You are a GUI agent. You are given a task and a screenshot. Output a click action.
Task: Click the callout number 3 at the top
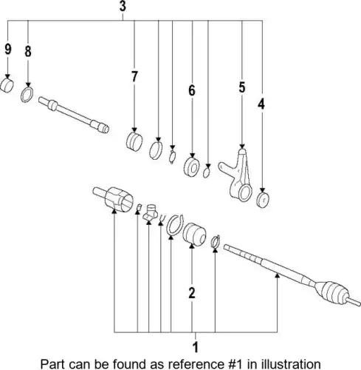[x=123, y=6]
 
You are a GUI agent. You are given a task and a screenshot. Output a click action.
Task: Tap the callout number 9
[x=8, y=49]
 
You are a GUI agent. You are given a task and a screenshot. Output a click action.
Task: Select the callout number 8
[x=28, y=52]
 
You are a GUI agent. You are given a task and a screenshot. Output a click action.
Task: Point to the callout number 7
[x=134, y=76]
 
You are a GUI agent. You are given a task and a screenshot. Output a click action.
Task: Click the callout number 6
[x=192, y=90]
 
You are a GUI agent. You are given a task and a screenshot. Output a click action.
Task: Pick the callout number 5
[x=242, y=87]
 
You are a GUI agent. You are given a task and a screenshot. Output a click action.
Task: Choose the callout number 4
[x=261, y=104]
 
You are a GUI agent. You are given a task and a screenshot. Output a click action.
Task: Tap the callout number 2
[x=192, y=293]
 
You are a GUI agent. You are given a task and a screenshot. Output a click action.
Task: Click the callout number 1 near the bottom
[x=196, y=347]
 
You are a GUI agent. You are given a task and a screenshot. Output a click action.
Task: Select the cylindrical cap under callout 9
[x=7, y=86]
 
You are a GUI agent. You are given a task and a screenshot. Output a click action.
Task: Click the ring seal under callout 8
[x=27, y=95]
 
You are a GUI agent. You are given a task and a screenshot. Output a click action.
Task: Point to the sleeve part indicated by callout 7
[x=134, y=141]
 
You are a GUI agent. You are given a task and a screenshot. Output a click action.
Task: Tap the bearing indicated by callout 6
[x=192, y=167]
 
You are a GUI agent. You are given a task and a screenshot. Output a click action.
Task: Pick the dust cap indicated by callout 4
[x=263, y=200]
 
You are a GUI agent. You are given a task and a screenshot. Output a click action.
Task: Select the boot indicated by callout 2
[x=194, y=235]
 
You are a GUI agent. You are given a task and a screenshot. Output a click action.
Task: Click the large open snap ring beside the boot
[x=174, y=224]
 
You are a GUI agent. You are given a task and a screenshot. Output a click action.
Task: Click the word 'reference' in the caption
[x=188, y=364]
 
